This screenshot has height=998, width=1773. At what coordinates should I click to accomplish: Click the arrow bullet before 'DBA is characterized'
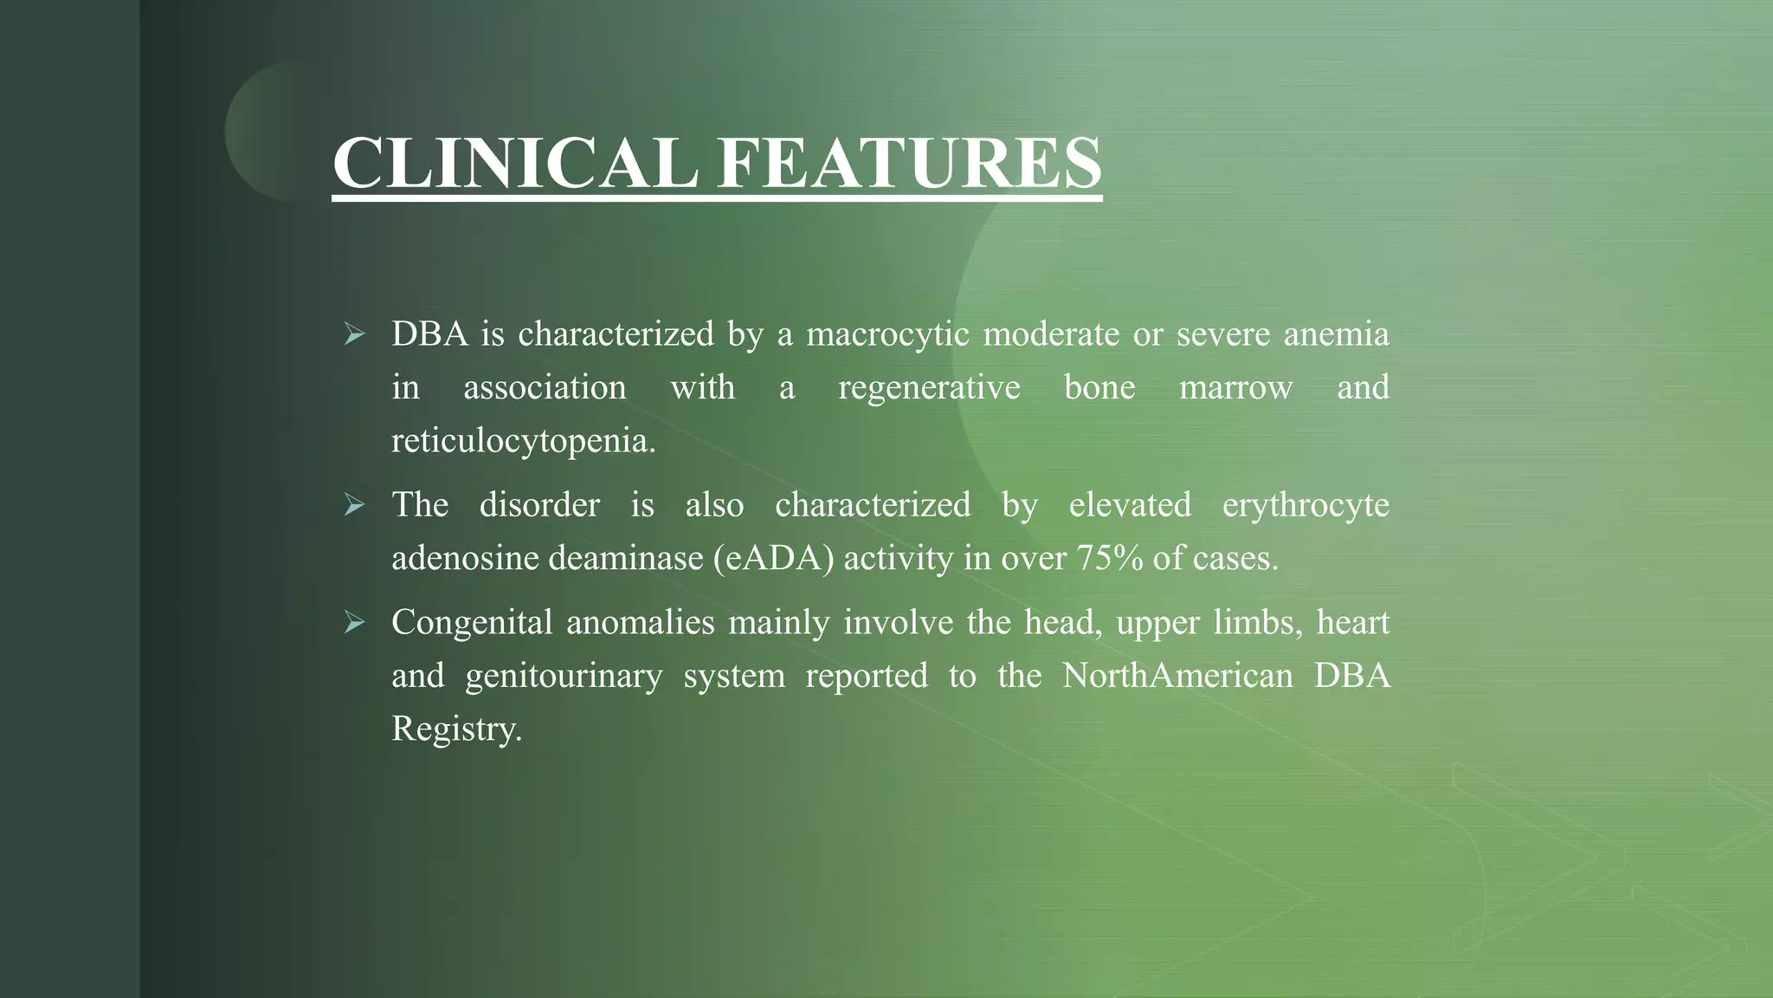pyautogui.click(x=354, y=334)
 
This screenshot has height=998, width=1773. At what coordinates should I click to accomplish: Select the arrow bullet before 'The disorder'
pyautogui.click(x=354, y=504)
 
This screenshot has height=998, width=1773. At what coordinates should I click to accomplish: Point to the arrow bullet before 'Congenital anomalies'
pyautogui.click(x=354, y=622)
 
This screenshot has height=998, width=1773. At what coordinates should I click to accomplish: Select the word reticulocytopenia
pyautogui.click(x=523, y=441)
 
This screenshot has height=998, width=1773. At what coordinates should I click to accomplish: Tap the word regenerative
pyautogui.click(x=929, y=388)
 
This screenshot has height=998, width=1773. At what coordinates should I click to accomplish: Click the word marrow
pyautogui.click(x=1235, y=388)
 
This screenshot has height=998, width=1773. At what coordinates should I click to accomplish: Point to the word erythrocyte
pyautogui.click(x=1306, y=505)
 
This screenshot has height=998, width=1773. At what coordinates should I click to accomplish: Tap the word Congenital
pyautogui.click(x=472, y=623)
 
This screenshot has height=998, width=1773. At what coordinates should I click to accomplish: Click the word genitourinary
pyautogui.click(x=564, y=676)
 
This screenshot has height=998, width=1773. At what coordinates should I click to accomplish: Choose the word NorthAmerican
pyautogui.click(x=1177, y=676)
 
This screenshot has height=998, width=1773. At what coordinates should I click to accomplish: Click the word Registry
pyautogui.click(x=456, y=729)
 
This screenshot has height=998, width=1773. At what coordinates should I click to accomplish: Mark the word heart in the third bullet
pyautogui.click(x=1353, y=623)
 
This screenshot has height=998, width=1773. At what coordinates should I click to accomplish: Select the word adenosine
pyautogui.click(x=464, y=558)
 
